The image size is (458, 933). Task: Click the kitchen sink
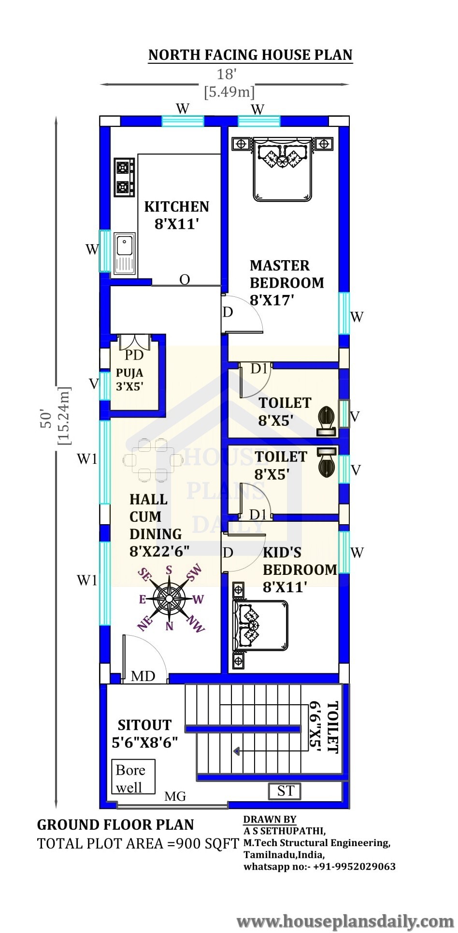[x=125, y=253]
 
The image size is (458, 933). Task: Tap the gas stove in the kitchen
[x=124, y=177]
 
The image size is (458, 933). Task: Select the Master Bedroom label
[x=286, y=283]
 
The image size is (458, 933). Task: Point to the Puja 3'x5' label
[x=129, y=380]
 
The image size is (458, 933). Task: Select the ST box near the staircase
[x=285, y=791]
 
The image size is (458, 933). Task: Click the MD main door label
[x=143, y=676]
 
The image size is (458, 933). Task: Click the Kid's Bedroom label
[x=300, y=570]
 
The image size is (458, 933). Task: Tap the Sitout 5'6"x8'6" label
[x=145, y=734]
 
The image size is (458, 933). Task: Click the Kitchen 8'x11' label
[x=177, y=215]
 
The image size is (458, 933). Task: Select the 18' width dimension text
[x=226, y=74]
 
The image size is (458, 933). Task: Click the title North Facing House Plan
[x=250, y=55]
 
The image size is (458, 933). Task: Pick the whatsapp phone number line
[x=319, y=866]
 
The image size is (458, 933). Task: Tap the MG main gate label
[x=175, y=796]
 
